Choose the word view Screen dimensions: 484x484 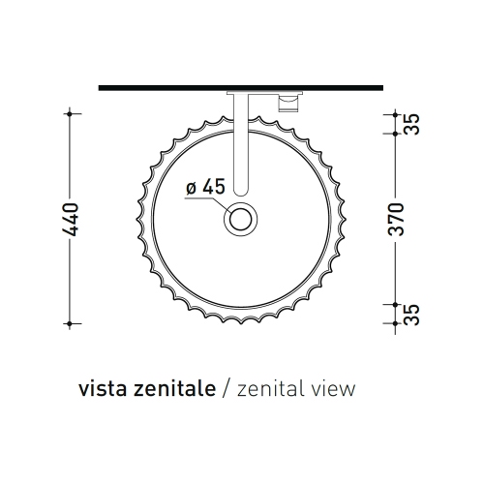click(x=334, y=390)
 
